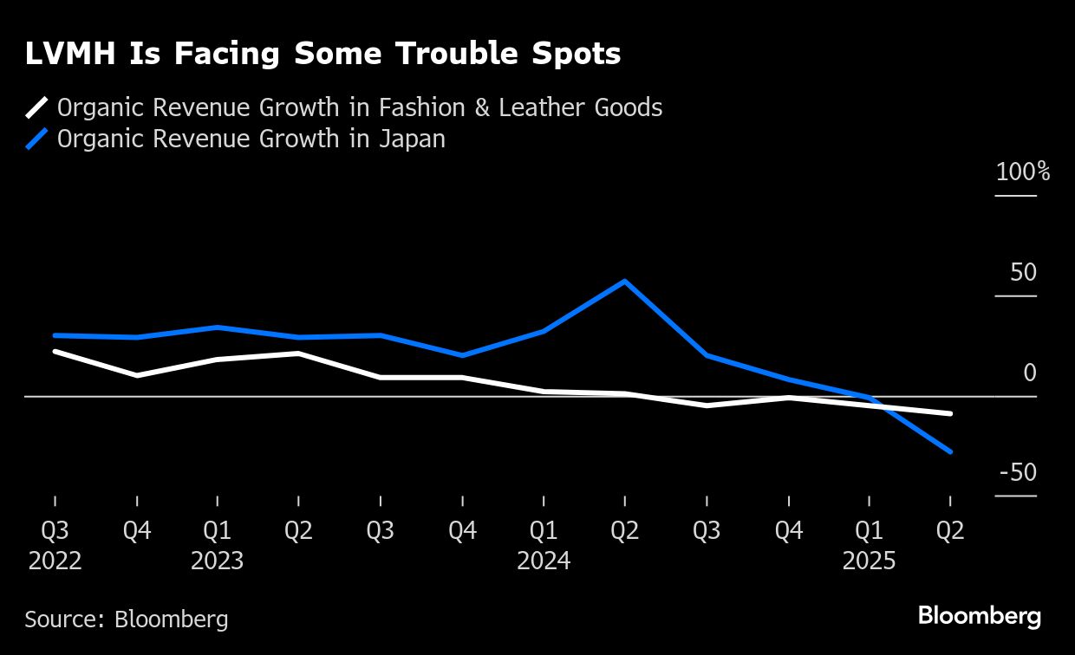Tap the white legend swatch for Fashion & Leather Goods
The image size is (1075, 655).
pyautogui.click(x=36, y=108)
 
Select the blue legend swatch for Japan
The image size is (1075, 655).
pyautogui.click(x=36, y=139)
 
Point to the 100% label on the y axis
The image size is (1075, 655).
pyautogui.click(x=1023, y=172)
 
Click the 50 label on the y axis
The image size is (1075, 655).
pyautogui.click(x=1023, y=272)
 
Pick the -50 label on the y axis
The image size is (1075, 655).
pyautogui.click(x=1018, y=473)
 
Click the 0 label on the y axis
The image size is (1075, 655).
pyautogui.click(x=1030, y=373)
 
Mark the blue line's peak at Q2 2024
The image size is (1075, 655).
pyautogui.click(x=625, y=282)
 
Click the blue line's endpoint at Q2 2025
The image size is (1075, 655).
pyautogui.click(x=951, y=451)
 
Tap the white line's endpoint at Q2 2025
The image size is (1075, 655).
pyautogui.click(x=951, y=413)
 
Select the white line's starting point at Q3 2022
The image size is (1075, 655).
pyautogui.click(x=55, y=352)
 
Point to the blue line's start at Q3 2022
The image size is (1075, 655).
pyautogui.click(x=55, y=335)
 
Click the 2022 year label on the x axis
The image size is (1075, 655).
pyautogui.click(x=55, y=561)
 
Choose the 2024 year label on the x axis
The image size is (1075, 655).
pyautogui.click(x=544, y=561)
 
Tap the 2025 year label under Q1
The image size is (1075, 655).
pyautogui.click(x=870, y=561)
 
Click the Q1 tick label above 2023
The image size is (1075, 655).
pyautogui.click(x=217, y=530)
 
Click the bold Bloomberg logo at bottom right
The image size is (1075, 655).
pyautogui.click(x=979, y=617)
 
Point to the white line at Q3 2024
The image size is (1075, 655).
pyautogui.click(x=707, y=405)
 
